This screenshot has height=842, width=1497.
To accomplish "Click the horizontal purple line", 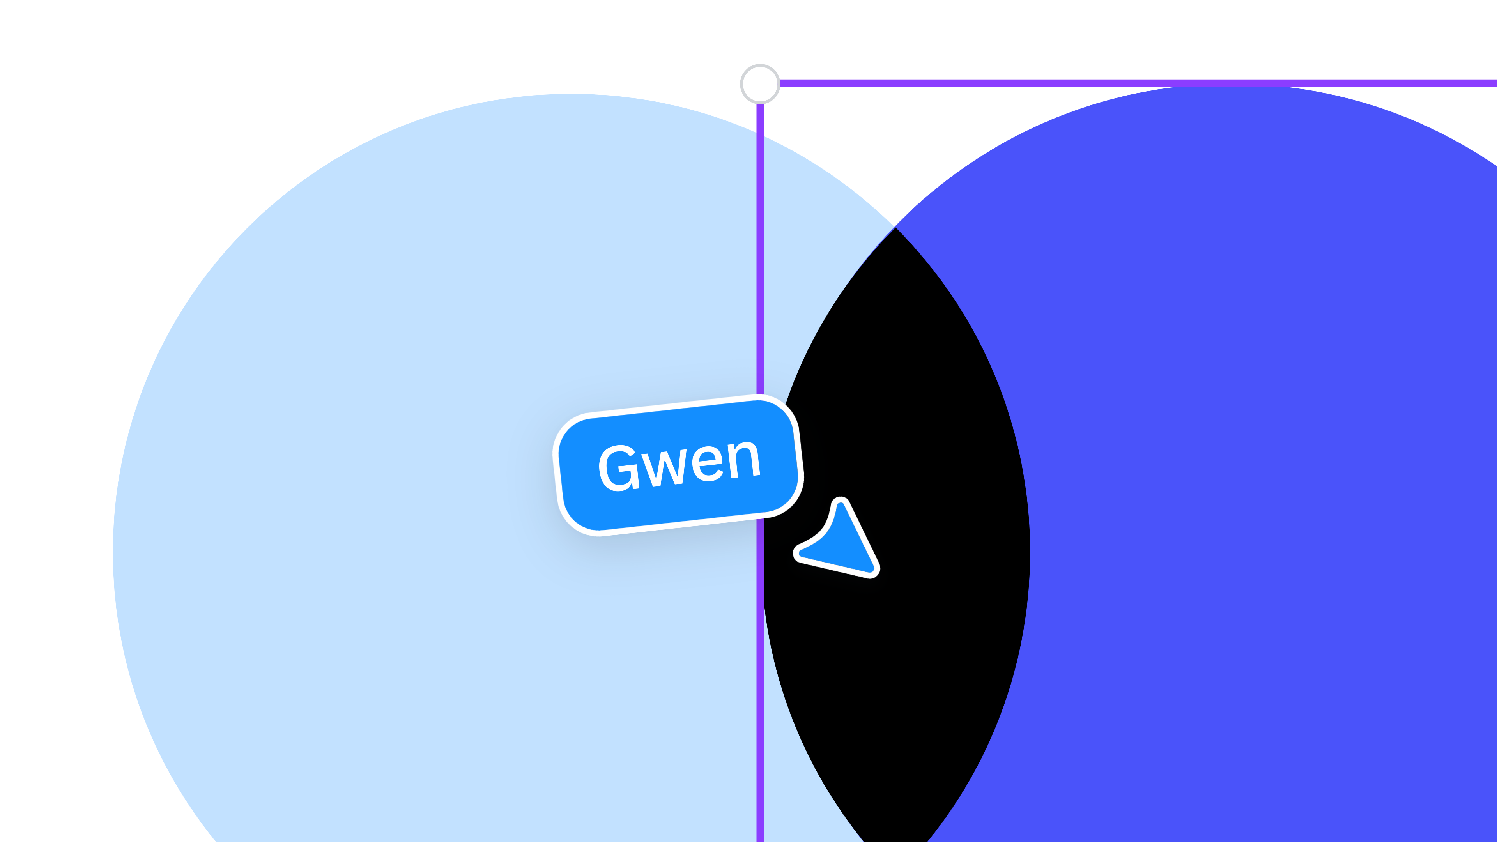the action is click(1138, 83).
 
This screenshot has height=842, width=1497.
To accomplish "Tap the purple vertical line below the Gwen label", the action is click(760, 680).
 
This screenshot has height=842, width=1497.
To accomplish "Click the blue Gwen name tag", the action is click(678, 465).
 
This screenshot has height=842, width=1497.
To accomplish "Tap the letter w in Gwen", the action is click(664, 468).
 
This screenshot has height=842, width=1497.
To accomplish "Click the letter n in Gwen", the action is click(743, 460).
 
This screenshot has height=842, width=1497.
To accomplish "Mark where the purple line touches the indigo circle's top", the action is click(1232, 85).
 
